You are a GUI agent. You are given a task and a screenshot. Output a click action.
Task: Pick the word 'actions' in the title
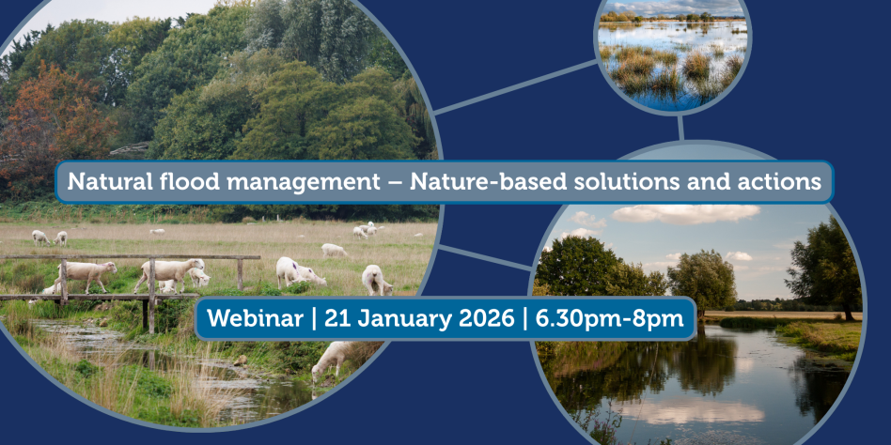788,182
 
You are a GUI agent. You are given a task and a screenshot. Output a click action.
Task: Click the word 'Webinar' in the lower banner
255,318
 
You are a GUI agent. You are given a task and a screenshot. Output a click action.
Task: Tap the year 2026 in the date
485,318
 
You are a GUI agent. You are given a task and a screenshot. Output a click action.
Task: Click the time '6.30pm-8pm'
609,319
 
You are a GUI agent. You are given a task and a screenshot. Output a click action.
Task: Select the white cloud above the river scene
685,213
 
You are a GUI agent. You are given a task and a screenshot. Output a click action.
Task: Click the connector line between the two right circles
680,129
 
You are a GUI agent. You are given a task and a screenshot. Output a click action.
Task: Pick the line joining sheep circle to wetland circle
516,86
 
